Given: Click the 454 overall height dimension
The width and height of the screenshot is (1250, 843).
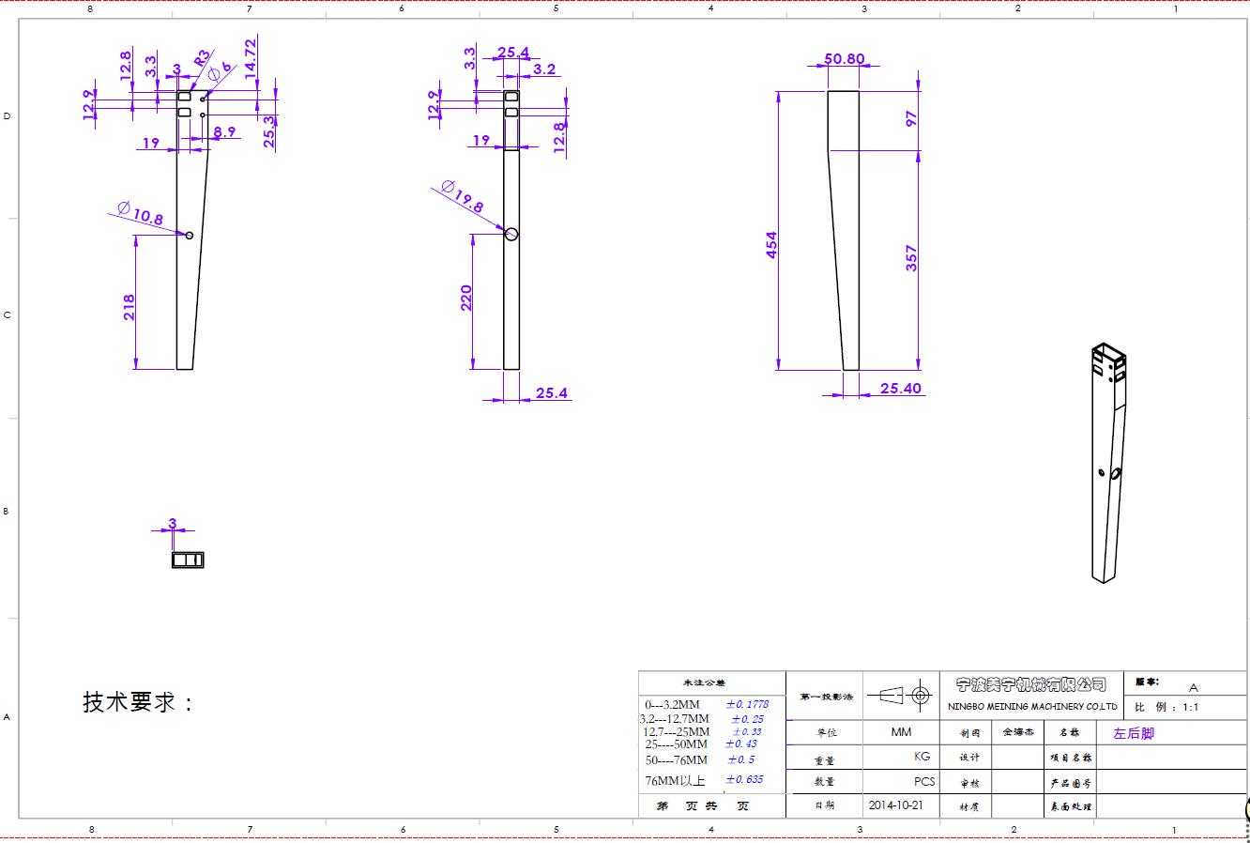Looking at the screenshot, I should (772, 245).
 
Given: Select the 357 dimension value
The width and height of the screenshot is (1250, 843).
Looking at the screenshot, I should (911, 258).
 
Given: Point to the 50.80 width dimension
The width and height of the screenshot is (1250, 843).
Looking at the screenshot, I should (844, 58).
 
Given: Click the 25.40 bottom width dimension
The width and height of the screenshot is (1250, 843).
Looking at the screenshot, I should (900, 388).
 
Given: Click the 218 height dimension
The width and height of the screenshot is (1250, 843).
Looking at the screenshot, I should (130, 307).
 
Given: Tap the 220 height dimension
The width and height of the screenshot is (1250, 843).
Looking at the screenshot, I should (466, 298).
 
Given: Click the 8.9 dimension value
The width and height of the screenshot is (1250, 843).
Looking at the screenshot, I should (224, 132).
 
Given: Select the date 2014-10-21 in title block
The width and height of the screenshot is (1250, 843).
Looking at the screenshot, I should (896, 805).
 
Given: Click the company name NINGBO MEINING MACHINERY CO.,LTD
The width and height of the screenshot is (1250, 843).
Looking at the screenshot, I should (1031, 706).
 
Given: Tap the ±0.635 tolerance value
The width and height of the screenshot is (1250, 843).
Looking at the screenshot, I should (746, 779).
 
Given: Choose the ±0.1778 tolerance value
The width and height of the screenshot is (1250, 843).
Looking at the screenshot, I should (747, 703).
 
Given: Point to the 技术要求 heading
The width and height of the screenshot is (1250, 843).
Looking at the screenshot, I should (138, 702).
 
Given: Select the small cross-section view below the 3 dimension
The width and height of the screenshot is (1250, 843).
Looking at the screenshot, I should (188, 559).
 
